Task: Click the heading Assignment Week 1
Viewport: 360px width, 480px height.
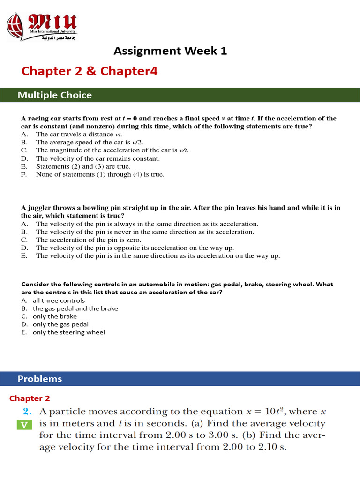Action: tap(171, 51)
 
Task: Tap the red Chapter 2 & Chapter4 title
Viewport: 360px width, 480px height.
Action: tap(90, 71)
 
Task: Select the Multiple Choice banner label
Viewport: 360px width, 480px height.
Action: tap(54, 95)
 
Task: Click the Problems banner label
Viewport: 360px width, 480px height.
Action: tap(39, 379)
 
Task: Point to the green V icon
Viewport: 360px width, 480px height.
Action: tap(25, 425)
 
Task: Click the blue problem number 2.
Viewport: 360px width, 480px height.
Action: tap(27, 412)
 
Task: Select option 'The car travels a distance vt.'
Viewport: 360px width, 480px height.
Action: tap(75, 135)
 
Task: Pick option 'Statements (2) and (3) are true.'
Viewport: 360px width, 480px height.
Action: tap(83, 166)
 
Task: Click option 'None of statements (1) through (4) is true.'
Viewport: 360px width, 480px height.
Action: tap(100, 174)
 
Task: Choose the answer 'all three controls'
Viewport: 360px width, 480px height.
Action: tap(59, 300)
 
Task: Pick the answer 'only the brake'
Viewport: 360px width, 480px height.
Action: tap(54, 316)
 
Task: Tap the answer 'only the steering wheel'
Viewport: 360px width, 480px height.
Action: tap(68, 332)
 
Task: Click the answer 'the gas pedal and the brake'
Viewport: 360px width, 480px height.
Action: tap(75, 308)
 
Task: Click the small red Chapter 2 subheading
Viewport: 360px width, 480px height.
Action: tap(30, 398)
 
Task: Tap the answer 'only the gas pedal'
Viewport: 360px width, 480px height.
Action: tap(60, 324)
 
